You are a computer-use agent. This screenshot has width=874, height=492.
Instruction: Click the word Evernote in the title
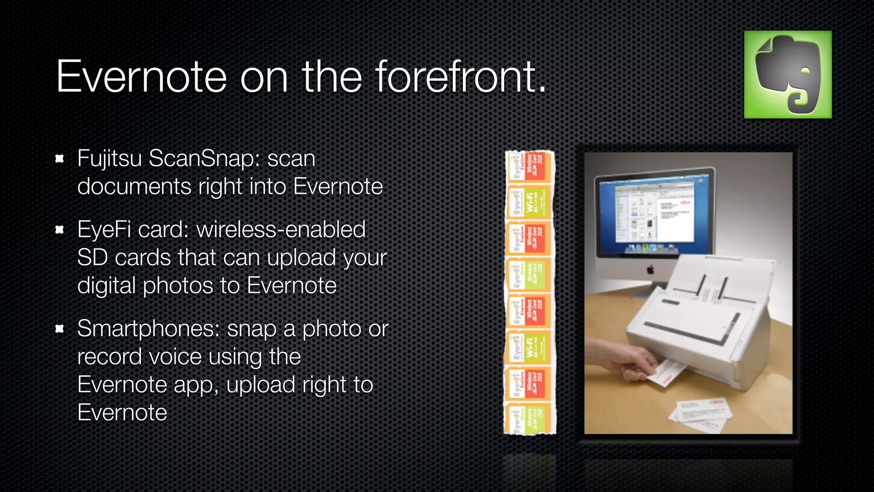141,77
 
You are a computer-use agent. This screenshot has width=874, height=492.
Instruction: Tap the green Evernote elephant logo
787,74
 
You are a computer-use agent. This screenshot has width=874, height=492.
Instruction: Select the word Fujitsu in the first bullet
109,159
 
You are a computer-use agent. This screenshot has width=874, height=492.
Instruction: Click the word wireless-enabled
280,230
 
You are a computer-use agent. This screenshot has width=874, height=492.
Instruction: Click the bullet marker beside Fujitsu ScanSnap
60,159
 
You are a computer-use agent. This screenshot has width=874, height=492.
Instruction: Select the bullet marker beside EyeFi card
60,230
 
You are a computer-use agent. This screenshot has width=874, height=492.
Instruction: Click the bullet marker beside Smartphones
60,329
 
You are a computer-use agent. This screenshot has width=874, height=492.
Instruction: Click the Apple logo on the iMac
650,270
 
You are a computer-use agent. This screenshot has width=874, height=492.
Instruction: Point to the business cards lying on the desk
700,412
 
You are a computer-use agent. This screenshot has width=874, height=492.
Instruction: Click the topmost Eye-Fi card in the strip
530,166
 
